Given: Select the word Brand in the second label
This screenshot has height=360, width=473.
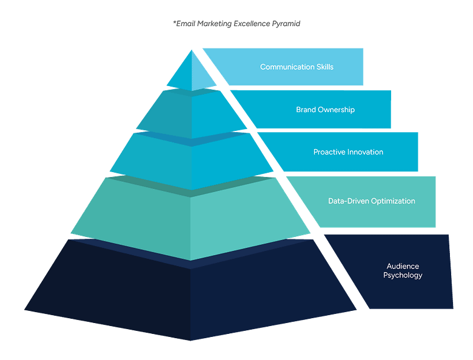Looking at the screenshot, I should (306, 110).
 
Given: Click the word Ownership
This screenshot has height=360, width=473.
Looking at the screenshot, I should (337, 110).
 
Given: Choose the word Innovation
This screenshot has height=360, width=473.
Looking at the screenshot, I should (365, 152).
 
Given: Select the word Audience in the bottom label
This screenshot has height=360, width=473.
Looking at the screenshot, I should (403, 266).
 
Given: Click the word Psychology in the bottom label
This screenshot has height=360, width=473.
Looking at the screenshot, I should (403, 275).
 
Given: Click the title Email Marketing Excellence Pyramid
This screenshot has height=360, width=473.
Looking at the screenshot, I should (236, 24).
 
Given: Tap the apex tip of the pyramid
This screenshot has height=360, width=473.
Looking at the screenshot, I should (192, 50).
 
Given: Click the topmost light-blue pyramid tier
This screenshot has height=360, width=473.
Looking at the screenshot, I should (191, 76).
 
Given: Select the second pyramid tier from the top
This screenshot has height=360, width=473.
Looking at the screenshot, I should (191, 115).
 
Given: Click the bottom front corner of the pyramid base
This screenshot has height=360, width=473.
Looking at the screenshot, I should (191, 340).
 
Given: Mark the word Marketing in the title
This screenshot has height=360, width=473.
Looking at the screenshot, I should (213, 24).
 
